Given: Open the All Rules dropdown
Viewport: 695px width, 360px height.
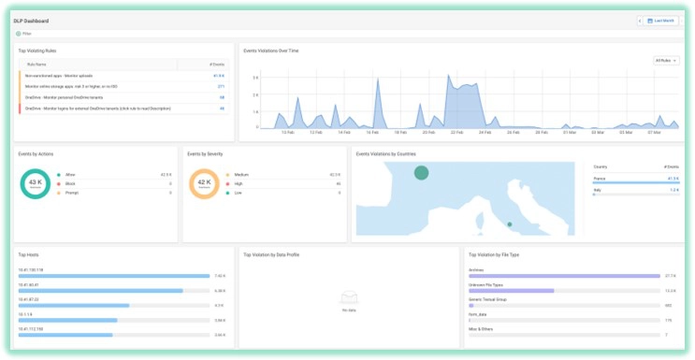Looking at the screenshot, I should (x=665, y=60).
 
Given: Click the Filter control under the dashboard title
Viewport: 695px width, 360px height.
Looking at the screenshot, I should (x=25, y=33).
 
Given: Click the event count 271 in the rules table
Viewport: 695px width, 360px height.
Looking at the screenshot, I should (x=221, y=86).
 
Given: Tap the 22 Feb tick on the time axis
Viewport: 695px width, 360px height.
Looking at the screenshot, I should (x=456, y=133).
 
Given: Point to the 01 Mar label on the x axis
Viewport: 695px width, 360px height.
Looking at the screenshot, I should (x=570, y=133).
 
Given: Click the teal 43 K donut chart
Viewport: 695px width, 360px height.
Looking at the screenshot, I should (x=35, y=184).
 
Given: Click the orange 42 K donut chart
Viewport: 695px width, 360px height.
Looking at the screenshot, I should (x=204, y=184).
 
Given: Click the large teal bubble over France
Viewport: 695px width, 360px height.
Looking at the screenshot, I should (x=422, y=172).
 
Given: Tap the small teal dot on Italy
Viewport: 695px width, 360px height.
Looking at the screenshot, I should (x=509, y=224).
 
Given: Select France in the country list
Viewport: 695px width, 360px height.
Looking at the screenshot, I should (x=601, y=178).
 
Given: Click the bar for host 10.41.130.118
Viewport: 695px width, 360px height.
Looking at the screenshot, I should (x=113, y=277).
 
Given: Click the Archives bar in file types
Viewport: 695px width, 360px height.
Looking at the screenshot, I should (x=564, y=277).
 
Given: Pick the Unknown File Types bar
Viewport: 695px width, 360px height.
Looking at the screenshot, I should (x=512, y=291).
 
